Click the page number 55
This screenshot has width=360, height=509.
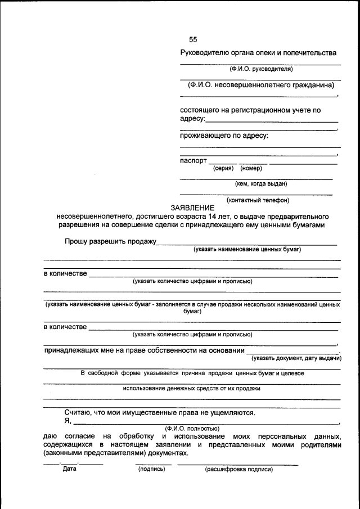193,39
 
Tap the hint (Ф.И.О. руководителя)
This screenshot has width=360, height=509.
260,69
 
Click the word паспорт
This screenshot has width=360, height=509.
193,160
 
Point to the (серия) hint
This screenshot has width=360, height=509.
223,168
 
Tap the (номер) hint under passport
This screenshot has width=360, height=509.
251,168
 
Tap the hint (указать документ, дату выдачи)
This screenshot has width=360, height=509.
296,358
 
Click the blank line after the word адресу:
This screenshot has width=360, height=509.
272,120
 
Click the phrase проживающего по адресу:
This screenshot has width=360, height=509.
224,136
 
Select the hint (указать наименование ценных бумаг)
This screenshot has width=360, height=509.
247,249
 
